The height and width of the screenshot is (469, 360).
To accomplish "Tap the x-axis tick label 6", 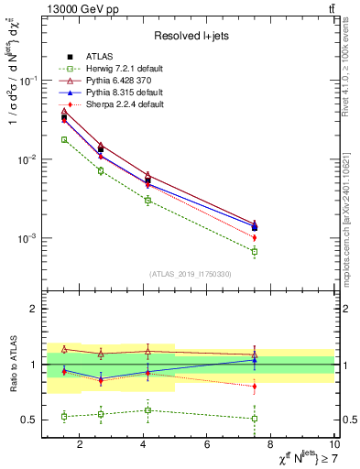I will pos(208,445).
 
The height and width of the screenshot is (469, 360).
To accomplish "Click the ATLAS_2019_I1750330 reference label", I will pos(191,274).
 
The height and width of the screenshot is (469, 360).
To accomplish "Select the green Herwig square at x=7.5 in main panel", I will pos(255,251).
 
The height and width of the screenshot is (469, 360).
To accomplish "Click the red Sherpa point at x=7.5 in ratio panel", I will pos(255,387).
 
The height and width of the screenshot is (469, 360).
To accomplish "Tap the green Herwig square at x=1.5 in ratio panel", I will pos(64,416).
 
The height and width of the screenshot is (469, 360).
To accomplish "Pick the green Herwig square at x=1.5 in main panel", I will pos(64,139).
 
